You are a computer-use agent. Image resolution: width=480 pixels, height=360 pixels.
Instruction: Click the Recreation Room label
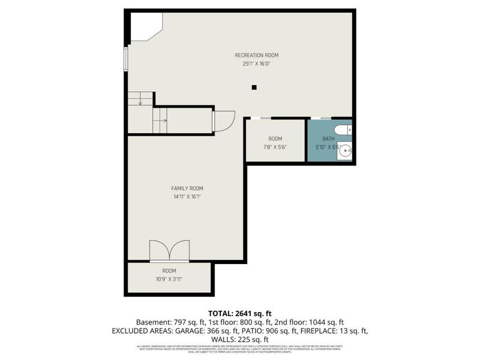pyautogui.click(x=256, y=55)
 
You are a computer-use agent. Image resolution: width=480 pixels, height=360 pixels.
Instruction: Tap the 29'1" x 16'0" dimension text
pyautogui.click(x=256, y=63)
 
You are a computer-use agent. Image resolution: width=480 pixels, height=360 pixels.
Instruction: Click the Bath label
pyautogui.click(x=328, y=139)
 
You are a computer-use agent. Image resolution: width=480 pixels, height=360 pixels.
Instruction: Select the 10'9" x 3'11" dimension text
pyautogui.click(x=169, y=279)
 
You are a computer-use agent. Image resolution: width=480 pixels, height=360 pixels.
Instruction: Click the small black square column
pyautogui.click(x=254, y=88)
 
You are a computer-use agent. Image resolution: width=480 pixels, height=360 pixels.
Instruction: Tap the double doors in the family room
pyautogui.click(x=169, y=251)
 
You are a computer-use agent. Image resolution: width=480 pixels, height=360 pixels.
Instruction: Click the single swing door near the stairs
pyautogui.click(x=223, y=121)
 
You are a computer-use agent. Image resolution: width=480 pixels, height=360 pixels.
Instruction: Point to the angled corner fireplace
pyautogui.click(x=144, y=27)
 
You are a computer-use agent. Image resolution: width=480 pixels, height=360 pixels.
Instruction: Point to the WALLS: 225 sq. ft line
pyautogui.click(x=239, y=339)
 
